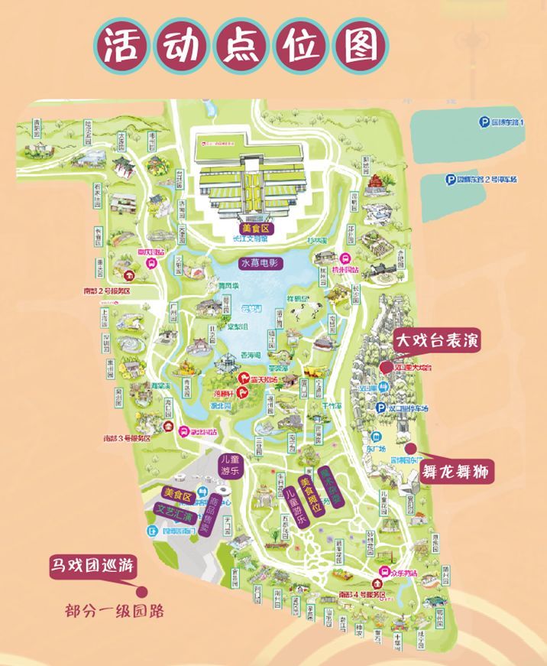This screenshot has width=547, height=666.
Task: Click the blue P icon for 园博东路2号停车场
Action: (x=452, y=180)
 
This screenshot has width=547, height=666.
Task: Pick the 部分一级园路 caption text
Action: (x=115, y=612)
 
